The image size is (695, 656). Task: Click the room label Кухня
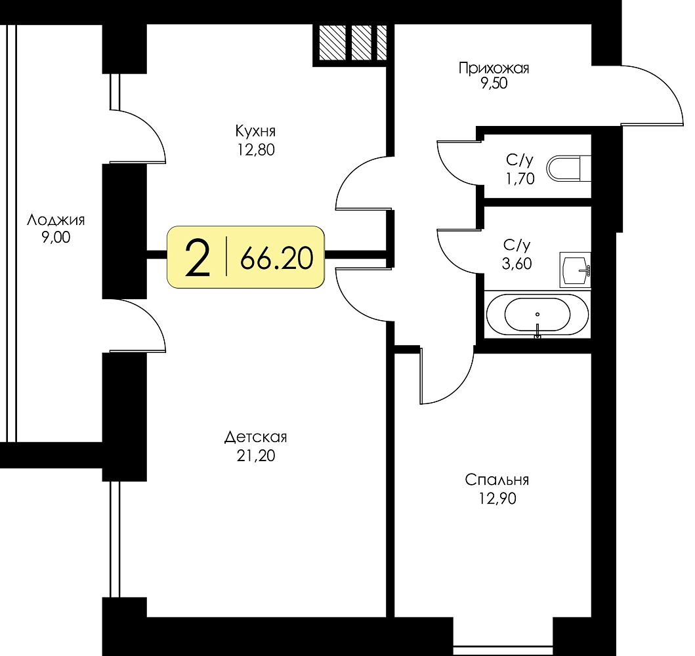click(x=255, y=132)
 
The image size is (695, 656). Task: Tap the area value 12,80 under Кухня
click(x=255, y=150)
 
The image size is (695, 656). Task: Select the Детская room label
click(x=256, y=437)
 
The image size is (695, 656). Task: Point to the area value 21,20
click(x=256, y=456)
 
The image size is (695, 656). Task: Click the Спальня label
click(x=497, y=480)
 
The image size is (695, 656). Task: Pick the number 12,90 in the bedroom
click(x=497, y=499)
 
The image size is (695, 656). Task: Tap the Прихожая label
click(x=494, y=68)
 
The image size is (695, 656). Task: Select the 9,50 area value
click(x=494, y=83)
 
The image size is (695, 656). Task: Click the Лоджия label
click(x=56, y=220)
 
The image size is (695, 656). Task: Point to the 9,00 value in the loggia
click(x=56, y=237)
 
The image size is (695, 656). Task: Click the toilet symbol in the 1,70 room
click(x=569, y=169)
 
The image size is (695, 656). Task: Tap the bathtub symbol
click(x=537, y=315)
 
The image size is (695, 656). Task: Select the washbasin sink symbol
click(x=576, y=270)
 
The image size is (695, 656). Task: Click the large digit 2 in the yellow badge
click(x=198, y=258)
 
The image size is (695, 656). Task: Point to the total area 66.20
click(x=276, y=259)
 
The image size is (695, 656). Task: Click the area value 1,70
click(x=520, y=178)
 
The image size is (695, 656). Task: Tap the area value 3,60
click(x=516, y=264)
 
